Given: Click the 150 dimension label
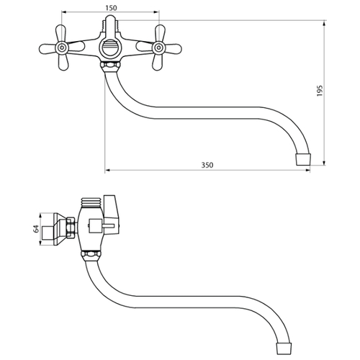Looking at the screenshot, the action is pos(111,8).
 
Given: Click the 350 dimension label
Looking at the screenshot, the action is pos(207,165).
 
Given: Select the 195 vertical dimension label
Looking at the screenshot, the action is pos(320,91).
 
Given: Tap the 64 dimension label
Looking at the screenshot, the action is pos(36,229).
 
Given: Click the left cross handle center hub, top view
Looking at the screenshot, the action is pos(62,48).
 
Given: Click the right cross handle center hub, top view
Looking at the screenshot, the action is pos(158,48).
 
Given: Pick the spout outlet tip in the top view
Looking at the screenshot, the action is pos(303,159).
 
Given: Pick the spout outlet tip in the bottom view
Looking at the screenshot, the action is pos(284,348).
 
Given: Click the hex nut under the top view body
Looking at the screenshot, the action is pos(110,65).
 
